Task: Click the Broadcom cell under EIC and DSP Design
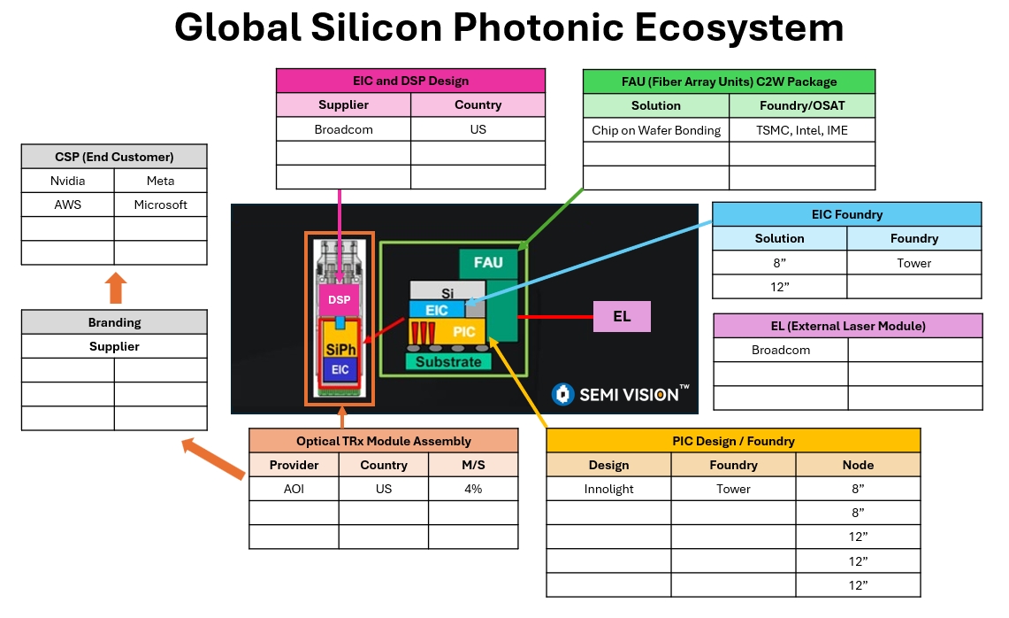(x=344, y=129)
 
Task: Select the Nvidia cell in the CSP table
(x=68, y=181)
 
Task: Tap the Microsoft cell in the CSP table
(x=161, y=205)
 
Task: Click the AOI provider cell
(x=294, y=489)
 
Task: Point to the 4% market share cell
(x=473, y=489)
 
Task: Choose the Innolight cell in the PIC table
(x=608, y=489)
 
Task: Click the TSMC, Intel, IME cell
(x=802, y=130)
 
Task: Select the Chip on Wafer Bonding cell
(x=656, y=130)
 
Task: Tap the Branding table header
(x=114, y=322)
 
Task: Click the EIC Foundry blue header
(x=846, y=214)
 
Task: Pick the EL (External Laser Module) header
(x=847, y=326)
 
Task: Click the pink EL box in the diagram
(x=622, y=316)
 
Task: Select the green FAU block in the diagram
(x=488, y=263)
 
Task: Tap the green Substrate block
(x=448, y=361)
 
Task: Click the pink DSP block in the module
(x=339, y=300)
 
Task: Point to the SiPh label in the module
(x=340, y=348)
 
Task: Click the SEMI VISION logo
(x=620, y=394)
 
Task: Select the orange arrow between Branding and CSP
(x=115, y=289)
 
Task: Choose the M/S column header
(x=473, y=465)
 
